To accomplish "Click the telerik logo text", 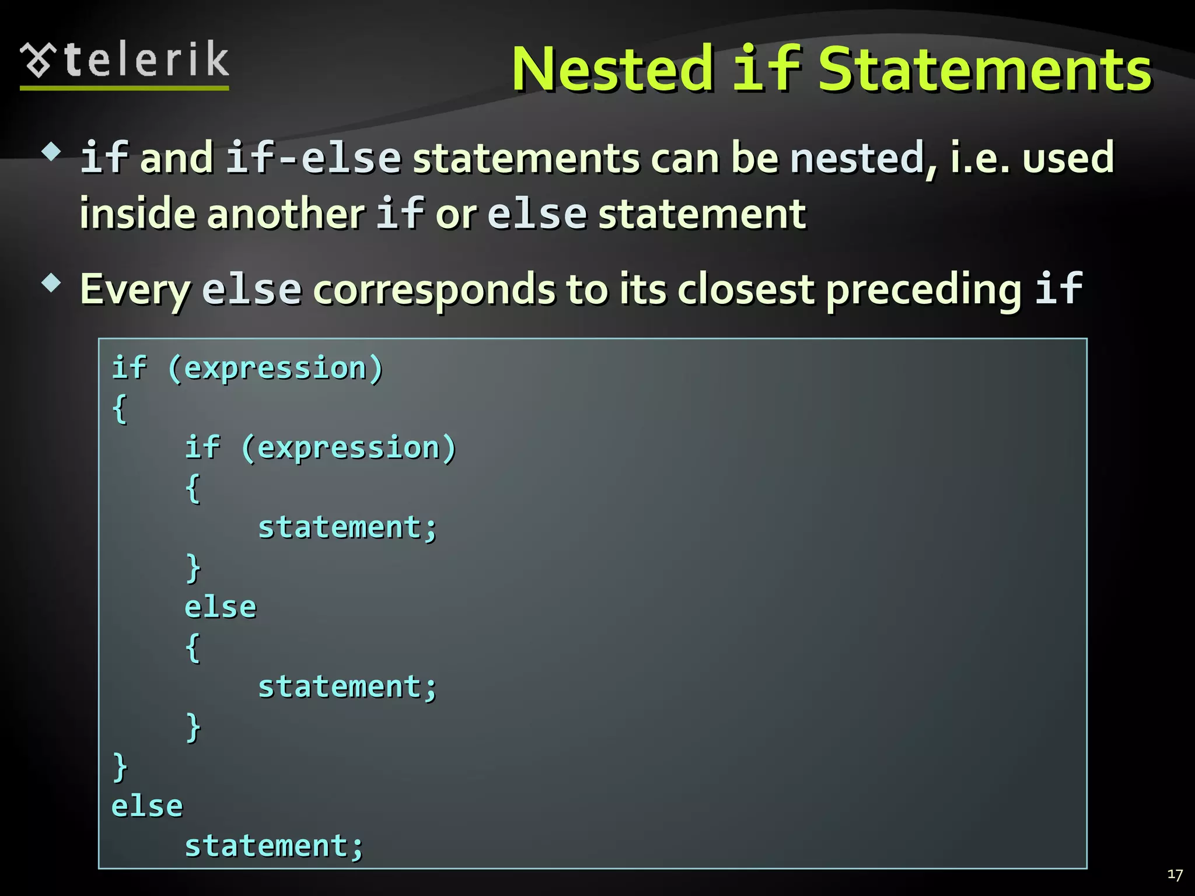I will [146, 61].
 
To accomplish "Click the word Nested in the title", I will [613, 70].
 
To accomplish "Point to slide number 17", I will [1175, 874].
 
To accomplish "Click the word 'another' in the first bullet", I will [286, 214].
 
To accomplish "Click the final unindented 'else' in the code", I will [147, 806].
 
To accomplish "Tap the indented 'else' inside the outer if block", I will [221, 607].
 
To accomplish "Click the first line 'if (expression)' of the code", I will [247, 369].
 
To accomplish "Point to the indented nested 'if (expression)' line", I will [320, 448].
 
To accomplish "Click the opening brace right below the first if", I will [120, 408].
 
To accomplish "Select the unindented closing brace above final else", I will [120, 766].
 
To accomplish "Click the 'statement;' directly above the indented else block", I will [347, 528].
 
